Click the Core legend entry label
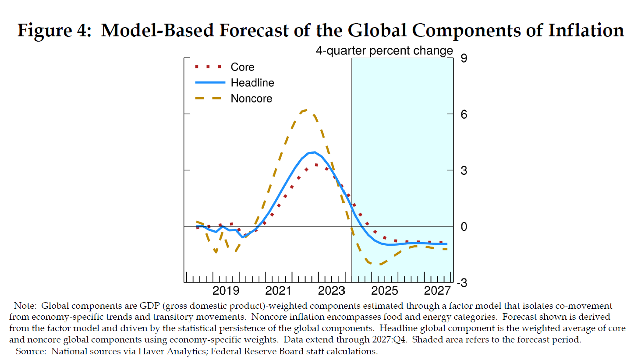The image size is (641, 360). tap(242, 67)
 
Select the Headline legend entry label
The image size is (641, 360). tap(252, 83)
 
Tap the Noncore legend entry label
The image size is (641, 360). tap(251, 99)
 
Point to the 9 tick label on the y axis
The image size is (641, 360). tap(464, 58)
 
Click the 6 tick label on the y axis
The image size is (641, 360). tap(464, 114)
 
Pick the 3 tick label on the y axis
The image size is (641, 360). tap(464, 170)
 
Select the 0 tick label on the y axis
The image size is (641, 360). tap(464, 227)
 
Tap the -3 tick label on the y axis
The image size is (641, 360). tap(462, 283)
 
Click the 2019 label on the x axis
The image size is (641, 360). tap(226, 291)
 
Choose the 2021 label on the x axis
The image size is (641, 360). tap(278, 291)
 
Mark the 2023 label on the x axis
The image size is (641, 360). tap(331, 291)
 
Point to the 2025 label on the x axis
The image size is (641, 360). tap(384, 291)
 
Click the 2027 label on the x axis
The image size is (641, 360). tap(437, 291)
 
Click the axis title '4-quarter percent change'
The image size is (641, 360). tap(384, 51)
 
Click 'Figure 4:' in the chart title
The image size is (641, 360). tap(54, 31)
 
